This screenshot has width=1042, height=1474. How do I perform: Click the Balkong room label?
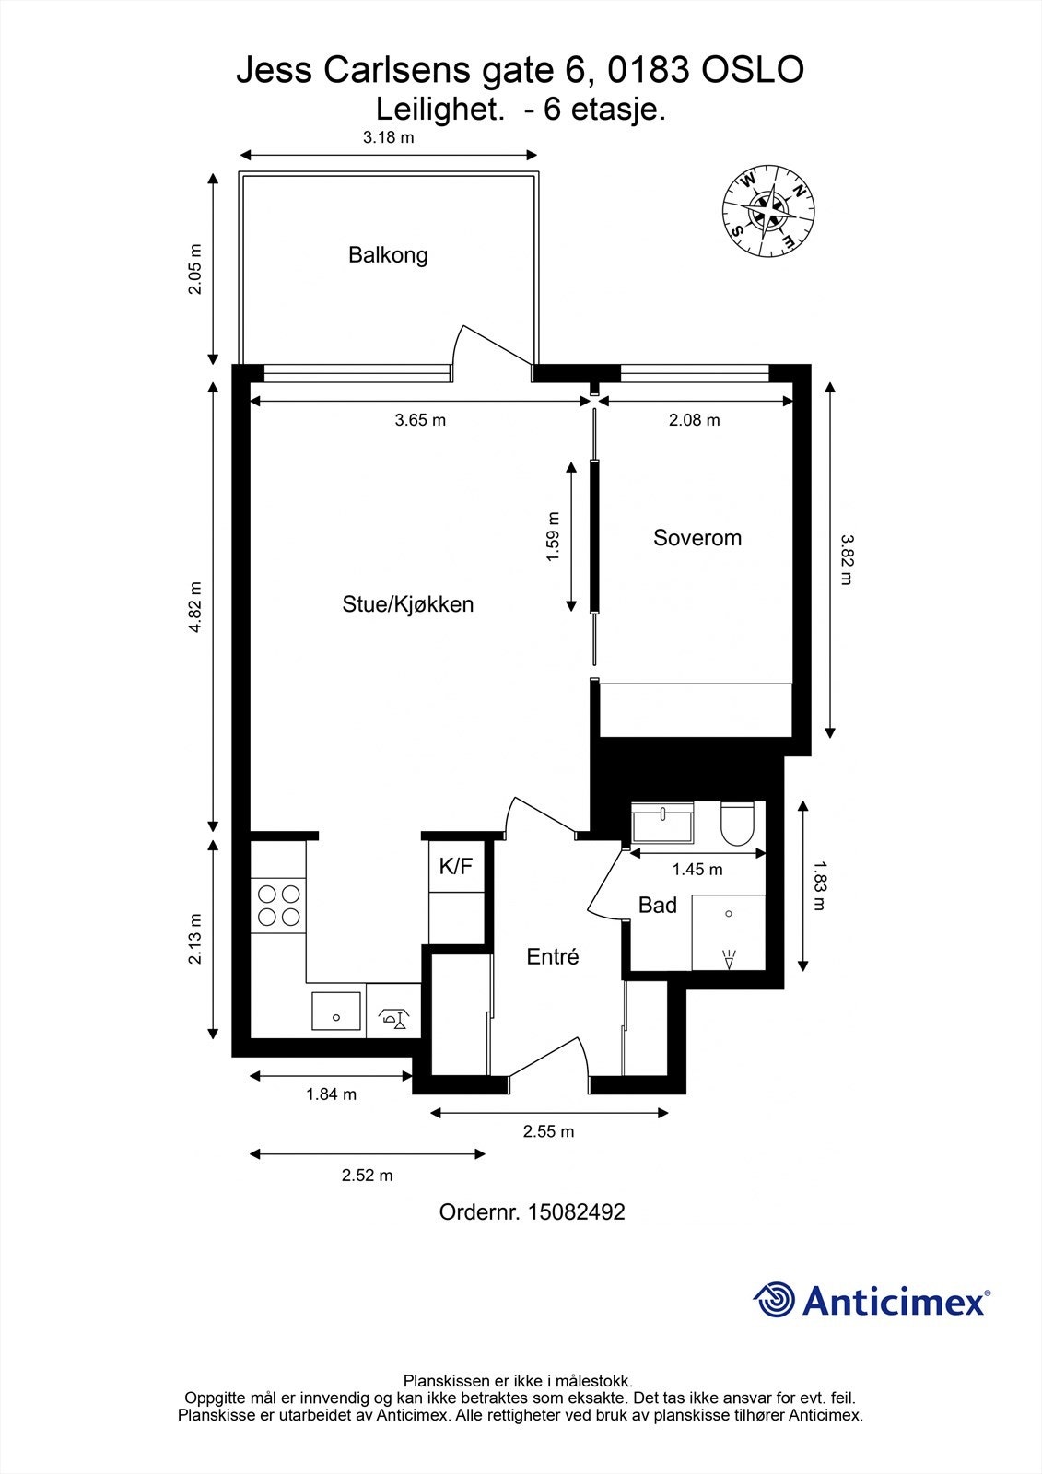click(388, 254)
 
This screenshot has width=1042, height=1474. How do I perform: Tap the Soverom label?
click(697, 538)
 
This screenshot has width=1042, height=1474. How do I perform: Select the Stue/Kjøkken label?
click(407, 604)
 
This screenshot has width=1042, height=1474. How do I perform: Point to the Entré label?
click(552, 956)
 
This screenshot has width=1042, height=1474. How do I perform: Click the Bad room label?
click(658, 906)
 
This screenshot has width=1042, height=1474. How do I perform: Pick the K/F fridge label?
click(455, 867)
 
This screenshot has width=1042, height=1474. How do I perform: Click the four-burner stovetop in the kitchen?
click(278, 907)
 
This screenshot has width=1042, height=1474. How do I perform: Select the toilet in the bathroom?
click(736, 824)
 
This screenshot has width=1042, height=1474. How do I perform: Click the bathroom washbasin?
click(661, 822)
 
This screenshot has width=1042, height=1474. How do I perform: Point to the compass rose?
click(768, 211)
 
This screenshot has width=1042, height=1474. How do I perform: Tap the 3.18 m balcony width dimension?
click(389, 137)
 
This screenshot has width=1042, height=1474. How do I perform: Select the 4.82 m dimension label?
click(194, 607)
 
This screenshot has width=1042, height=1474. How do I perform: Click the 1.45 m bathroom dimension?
click(697, 870)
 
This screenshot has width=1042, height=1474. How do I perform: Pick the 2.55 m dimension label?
click(548, 1131)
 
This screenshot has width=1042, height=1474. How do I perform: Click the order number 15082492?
click(577, 1211)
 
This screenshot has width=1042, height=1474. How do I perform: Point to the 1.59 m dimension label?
click(553, 536)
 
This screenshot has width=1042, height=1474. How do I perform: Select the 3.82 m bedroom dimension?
click(846, 559)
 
